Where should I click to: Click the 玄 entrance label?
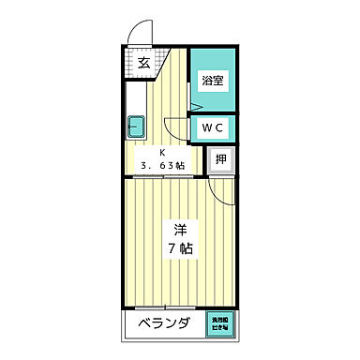pyautogui.click(x=143, y=64)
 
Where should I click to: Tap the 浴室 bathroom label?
pyautogui.click(x=212, y=81)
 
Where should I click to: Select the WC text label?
pyautogui.click(x=212, y=127)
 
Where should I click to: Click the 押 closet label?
pyautogui.click(x=219, y=160)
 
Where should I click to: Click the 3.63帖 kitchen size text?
pyautogui.click(x=162, y=166)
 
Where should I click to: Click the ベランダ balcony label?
pyautogui.click(x=164, y=324)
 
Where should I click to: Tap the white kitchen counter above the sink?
pyautogui.click(x=133, y=98)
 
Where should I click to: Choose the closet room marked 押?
pyautogui.click(x=219, y=161)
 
